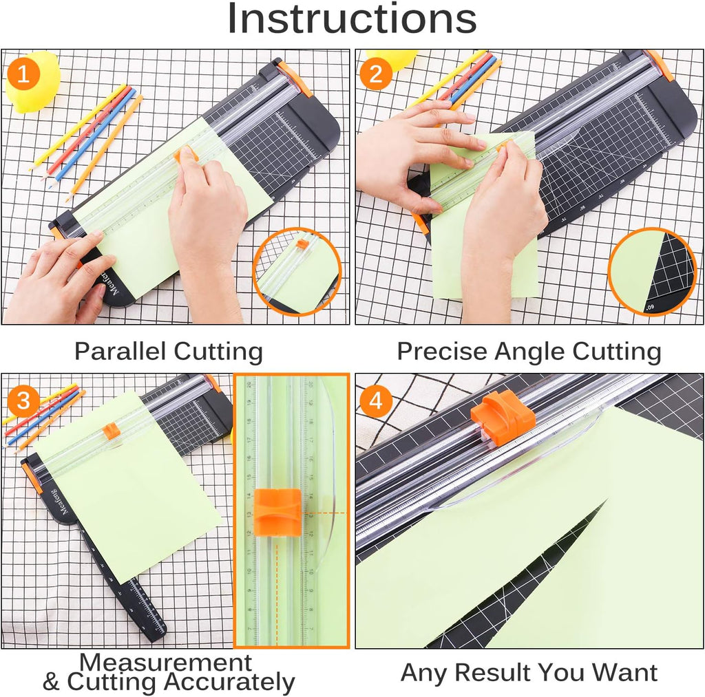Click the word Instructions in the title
352,19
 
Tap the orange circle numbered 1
23,75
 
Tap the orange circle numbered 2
376,74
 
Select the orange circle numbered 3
23,399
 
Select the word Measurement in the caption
166,663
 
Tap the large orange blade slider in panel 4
503,417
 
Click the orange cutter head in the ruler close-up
277,512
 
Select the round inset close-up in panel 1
297,271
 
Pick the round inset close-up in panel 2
651,272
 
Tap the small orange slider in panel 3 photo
111,431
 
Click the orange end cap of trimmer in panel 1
295,78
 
